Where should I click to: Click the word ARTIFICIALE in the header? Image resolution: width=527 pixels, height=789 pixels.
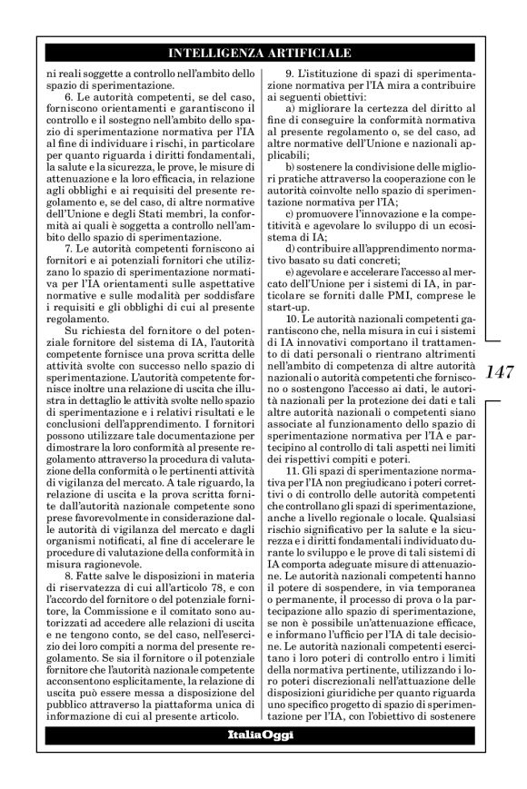tap(303, 54)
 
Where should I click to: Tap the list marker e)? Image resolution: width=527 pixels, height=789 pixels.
tap(291, 274)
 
